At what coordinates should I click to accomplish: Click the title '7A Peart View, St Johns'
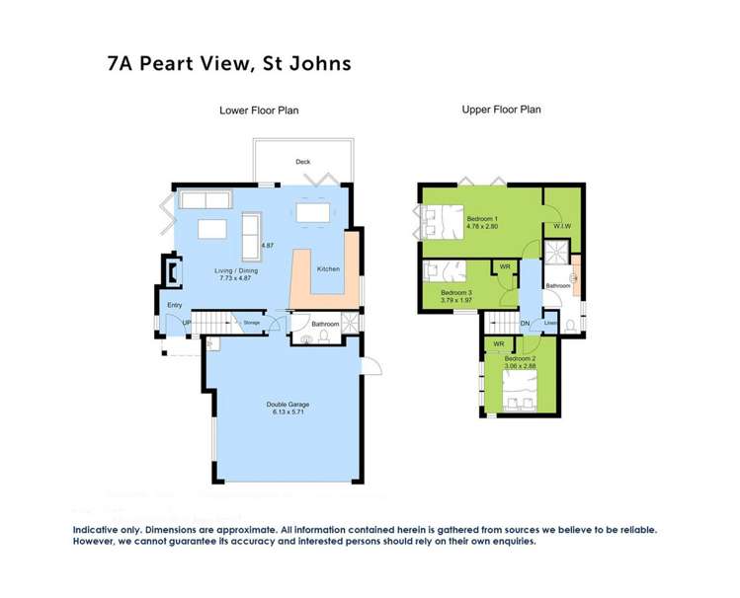click(228, 64)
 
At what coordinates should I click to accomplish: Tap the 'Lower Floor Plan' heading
click(259, 111)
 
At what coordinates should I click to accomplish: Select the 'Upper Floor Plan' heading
click(501, 110)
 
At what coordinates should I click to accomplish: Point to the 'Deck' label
click(302, 163)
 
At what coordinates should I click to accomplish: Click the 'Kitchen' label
click(327, 268)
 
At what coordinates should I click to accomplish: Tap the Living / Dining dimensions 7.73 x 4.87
click(233, 278)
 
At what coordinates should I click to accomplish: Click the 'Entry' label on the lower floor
click(175, 305)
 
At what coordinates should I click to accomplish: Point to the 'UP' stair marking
click(186, 323)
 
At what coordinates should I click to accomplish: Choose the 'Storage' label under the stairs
click(252, 323)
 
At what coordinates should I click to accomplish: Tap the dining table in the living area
click(313, 213)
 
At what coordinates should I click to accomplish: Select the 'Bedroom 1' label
click(482, 218)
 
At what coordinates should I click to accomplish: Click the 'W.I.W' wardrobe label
click(562, 226)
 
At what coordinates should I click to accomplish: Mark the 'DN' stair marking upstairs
click(525, 323)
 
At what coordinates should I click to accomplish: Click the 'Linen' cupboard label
click(551, 323)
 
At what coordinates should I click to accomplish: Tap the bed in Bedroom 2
click(518, 396)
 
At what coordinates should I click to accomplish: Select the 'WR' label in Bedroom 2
click(499, 344)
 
